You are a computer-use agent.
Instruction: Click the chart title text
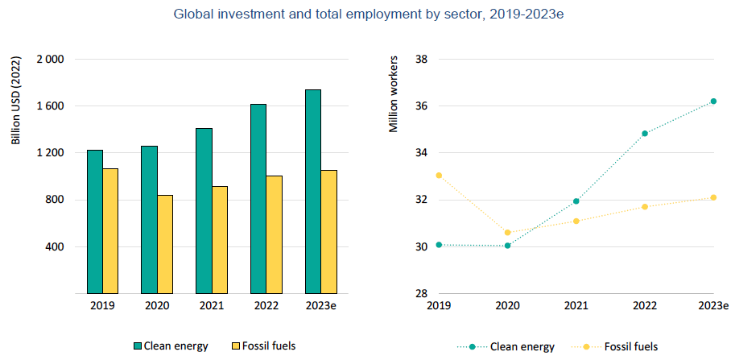367,13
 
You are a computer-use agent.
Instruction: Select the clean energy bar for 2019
94,221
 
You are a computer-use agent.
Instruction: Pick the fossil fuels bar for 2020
165,243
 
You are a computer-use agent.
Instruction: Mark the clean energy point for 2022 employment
645,134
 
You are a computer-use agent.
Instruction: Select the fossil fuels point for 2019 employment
439,175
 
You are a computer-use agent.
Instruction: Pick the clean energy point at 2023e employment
713,101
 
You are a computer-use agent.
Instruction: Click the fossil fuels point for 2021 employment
576,221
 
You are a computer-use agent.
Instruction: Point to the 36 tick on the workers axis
420,106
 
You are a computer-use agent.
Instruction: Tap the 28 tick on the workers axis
420,293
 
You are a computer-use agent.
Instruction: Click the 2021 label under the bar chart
212,306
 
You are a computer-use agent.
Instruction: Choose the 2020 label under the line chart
507,306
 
